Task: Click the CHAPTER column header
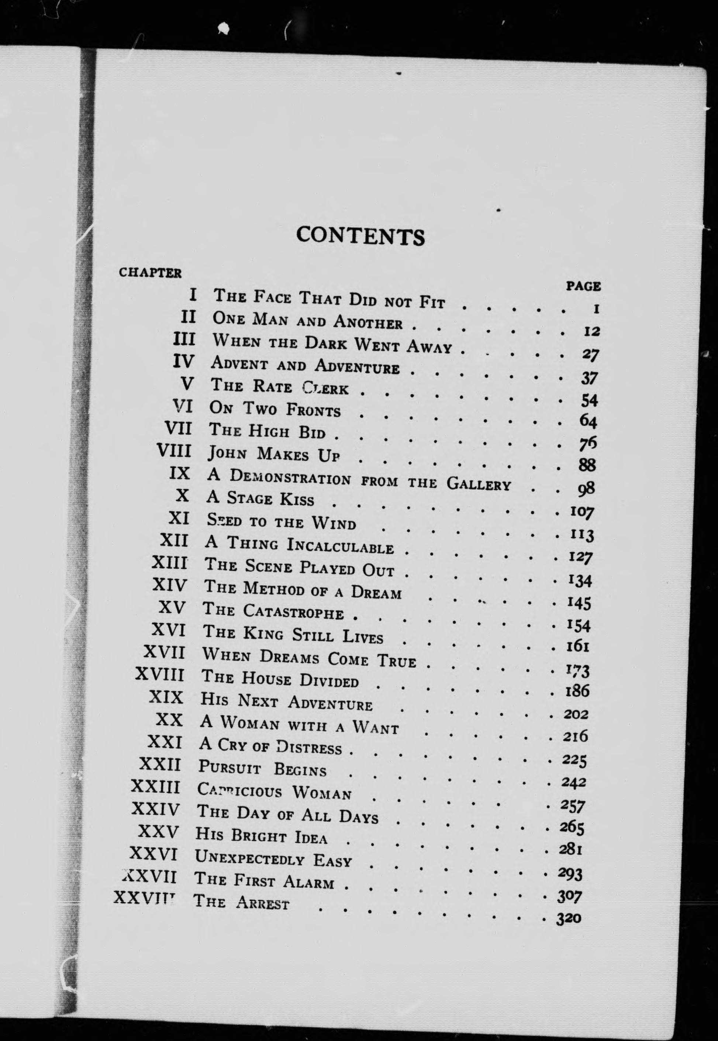tap(150, 273)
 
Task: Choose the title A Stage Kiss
tap(260, 498)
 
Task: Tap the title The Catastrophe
tap(273, 611)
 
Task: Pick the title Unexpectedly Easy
tap(273, 859)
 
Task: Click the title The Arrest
tap(241, 902)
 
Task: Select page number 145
tap(579, 602)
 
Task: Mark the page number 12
tap(591, 331)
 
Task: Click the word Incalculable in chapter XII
tap(340, 547)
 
